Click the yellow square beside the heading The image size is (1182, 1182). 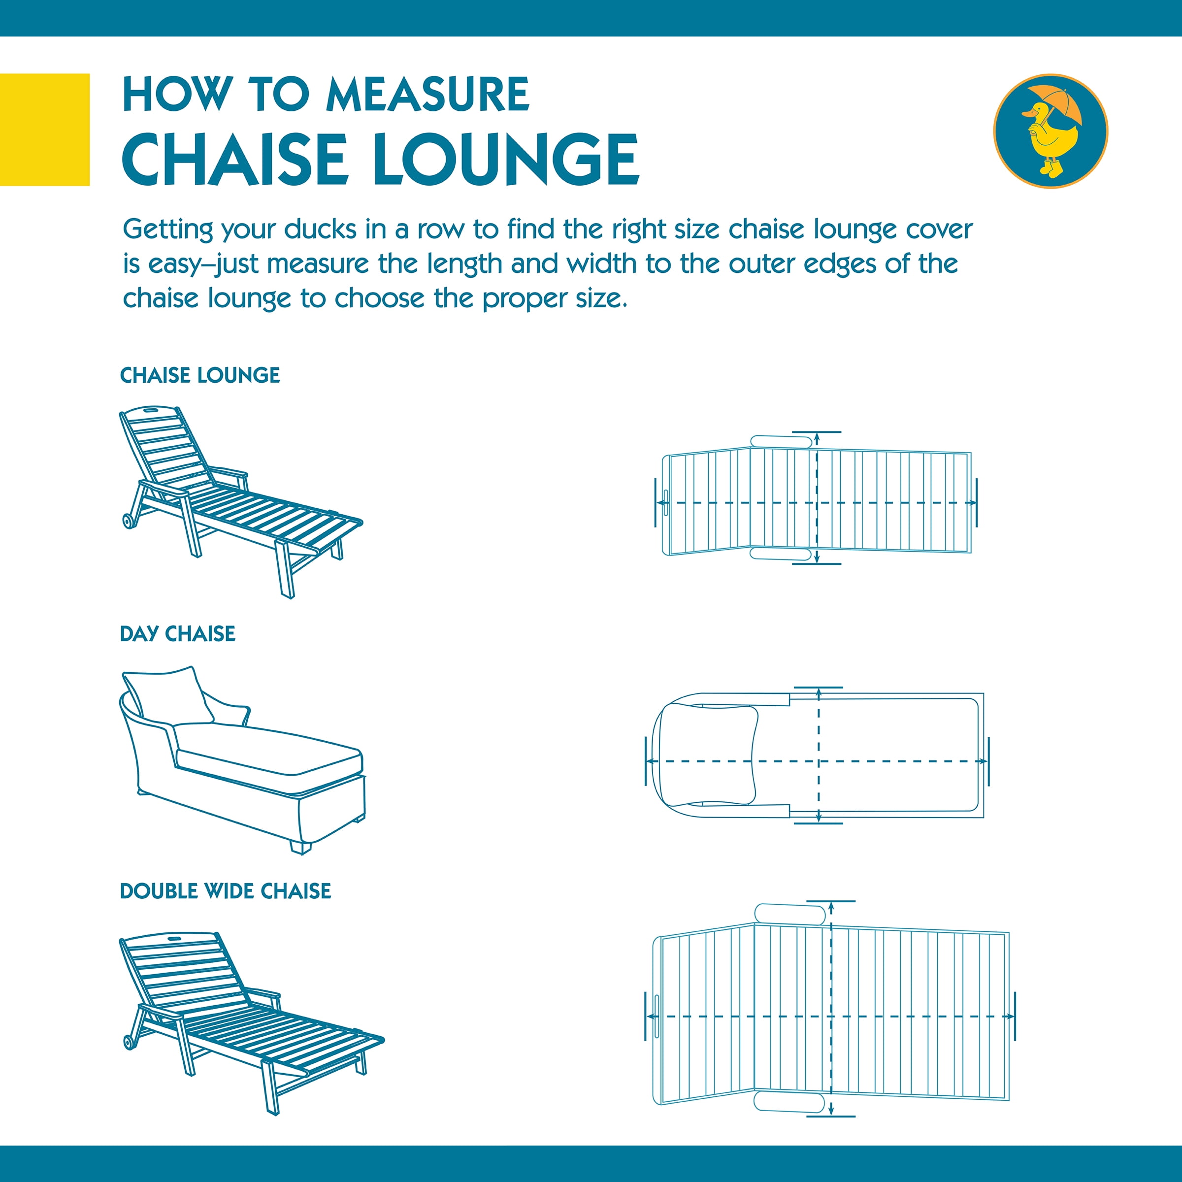45,129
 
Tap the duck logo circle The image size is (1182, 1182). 1050,131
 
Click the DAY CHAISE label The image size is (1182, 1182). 177,634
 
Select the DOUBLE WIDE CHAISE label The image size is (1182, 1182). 225,891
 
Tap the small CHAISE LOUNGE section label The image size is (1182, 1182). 199,375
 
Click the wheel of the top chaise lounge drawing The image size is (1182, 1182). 129,521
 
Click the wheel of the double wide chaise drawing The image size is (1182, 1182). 130,1042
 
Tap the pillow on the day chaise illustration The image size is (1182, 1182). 169,697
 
